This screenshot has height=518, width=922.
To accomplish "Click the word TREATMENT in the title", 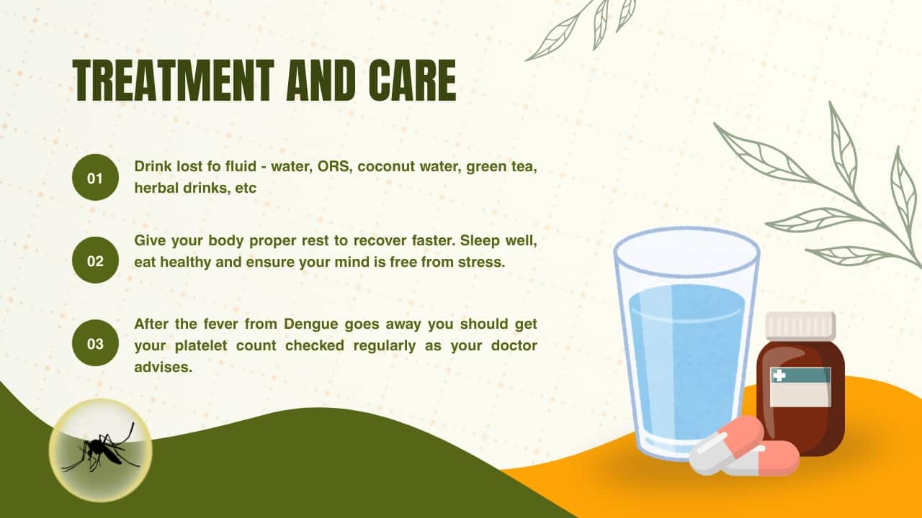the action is click(174, 80).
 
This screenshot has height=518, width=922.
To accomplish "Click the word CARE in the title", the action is click(413, 80).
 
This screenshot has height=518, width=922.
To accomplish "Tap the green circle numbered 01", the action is click(95, 178).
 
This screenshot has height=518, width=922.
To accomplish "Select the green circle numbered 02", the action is click(95, 260).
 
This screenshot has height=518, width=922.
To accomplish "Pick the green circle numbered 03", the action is click(95, 343).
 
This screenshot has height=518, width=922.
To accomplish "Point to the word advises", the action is click(163, 367).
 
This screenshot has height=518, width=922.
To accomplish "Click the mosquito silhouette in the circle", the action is click(100, 449).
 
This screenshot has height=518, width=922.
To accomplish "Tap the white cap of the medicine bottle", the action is click(800, 326).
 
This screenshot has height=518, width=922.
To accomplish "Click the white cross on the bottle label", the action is click(779, 376).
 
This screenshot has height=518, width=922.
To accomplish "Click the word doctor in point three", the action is click(514, 346).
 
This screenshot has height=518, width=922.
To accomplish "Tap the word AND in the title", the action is click(321, 80).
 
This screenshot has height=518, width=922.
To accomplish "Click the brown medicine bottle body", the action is click(800, 398).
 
